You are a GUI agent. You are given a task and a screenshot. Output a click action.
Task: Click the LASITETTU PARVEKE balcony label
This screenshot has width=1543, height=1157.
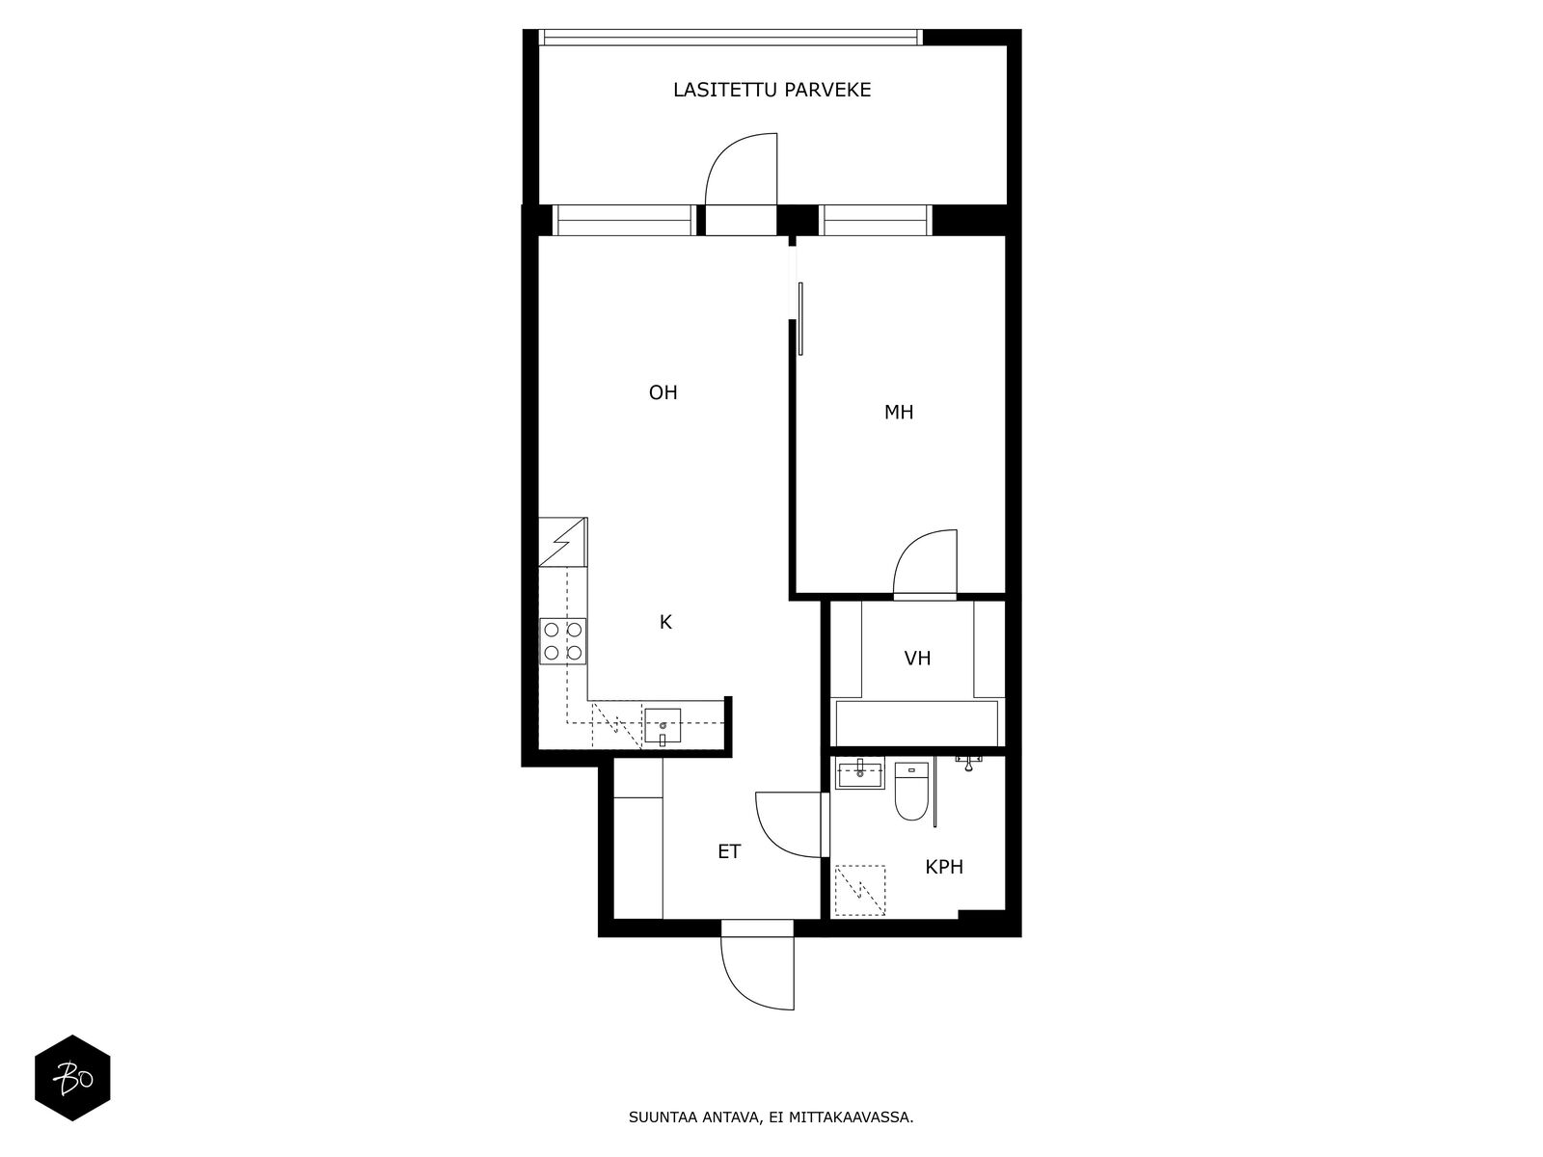pyautogui.click(x=771, y=90)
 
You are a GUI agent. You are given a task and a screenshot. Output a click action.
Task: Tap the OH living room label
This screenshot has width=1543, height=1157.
pyautogui.click(x=663, y=392)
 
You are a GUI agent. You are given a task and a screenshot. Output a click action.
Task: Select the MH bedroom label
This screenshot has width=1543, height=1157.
pyautogui.click(x=899, y=413)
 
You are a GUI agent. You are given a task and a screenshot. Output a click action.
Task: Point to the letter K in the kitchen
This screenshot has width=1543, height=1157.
pyautogui.click(x=665, y=622)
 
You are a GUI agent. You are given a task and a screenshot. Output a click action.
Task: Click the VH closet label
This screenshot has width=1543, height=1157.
pyautogui.click(x=917, y=659)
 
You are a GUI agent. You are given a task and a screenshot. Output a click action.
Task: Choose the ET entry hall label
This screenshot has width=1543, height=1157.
pyautogui.click(x=729, y=851)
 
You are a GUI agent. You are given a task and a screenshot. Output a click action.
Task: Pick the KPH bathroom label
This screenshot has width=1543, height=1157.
pyautogui.click(x=944, y=867)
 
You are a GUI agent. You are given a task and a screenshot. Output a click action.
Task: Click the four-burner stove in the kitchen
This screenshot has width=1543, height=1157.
pyautogui.click(x=562, y=641)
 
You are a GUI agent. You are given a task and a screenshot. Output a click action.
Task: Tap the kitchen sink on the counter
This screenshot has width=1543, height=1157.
pyautogui.click(x=663, y=726)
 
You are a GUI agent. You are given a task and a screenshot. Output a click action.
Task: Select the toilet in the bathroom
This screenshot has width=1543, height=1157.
pyautogui.click(x=911, y=791)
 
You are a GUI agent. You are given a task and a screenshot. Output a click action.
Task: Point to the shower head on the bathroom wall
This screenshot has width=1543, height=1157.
pyautogui.click(x=968, y=763)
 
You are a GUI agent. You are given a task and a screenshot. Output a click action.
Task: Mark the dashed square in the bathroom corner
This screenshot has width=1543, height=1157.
pyautogui.click(x=859, y=891)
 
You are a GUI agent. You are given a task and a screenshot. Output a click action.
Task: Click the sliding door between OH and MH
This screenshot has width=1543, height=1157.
pyautogui.click(x=800, y=318)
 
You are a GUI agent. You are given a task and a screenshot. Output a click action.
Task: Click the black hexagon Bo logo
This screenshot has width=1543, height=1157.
pyautogui.click(x=72, y=1078)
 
